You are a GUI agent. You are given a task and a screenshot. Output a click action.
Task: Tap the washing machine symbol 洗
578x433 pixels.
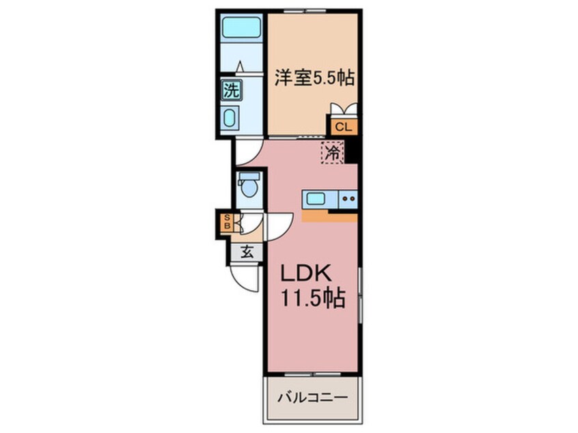tap(232, 90)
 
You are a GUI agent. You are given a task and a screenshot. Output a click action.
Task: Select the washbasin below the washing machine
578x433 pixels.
tap(230, 118)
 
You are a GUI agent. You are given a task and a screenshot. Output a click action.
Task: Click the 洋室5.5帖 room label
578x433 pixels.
tap(314, 78)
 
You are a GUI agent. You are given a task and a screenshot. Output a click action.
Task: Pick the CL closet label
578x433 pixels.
tap(343, 128)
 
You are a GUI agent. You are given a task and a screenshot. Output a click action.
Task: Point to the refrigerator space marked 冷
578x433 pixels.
tap(333, 152)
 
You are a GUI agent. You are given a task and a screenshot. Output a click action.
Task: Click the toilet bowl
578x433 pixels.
tap(249, 187)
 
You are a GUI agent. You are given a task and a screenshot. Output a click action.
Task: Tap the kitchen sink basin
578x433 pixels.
tap(316, 199)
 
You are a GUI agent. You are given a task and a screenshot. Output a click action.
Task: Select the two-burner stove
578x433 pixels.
tap(348, 199)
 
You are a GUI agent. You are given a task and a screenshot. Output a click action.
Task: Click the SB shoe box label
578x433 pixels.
tap(227, 222)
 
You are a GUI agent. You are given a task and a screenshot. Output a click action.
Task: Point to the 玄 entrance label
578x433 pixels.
tap(247, 253)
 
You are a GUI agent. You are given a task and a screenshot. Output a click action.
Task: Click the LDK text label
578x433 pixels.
tap(305, 273)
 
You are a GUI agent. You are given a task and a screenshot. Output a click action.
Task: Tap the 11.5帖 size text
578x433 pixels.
tap(313, 298)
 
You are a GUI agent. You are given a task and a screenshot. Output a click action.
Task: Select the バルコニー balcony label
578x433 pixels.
tap(313, 398)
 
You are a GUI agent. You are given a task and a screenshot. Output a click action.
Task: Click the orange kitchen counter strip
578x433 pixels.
tap(329, 217)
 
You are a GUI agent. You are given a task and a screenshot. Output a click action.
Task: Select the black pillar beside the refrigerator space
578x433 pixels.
tap(351, 150)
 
